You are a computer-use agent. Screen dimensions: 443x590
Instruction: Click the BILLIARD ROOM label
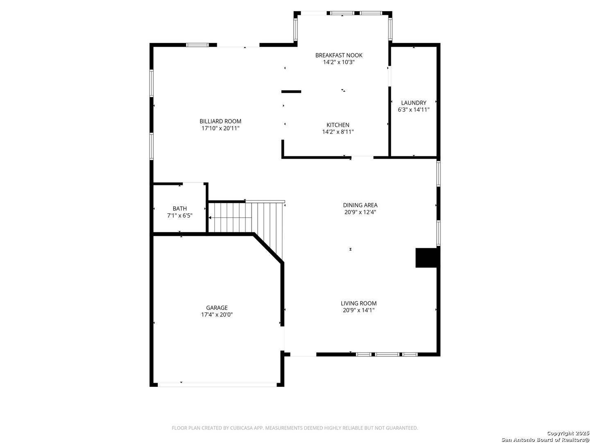220,121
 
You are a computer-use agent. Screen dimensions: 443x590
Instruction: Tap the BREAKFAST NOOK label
338,55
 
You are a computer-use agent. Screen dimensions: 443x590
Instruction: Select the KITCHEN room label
338,125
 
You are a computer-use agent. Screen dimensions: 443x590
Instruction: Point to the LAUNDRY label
413,103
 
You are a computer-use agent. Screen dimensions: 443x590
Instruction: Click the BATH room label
179,209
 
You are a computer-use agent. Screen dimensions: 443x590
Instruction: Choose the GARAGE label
217,308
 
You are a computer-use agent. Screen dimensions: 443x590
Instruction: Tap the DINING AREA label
360,206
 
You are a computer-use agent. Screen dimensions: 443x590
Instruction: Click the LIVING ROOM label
359,304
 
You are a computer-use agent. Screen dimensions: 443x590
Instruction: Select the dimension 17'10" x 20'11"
220,128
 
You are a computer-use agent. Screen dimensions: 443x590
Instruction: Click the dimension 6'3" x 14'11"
413,110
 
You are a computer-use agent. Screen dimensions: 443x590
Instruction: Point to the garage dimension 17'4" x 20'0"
217,315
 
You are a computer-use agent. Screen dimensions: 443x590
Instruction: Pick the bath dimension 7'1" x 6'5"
179,216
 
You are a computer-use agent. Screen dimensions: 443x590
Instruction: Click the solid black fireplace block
426,258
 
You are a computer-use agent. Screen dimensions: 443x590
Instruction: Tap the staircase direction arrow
229,218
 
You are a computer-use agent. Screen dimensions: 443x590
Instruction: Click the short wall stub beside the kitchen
291,91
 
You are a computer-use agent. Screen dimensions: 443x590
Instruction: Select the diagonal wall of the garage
268,249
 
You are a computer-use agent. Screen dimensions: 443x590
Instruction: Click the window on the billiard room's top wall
197,45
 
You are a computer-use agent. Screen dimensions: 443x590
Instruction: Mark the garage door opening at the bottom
217,385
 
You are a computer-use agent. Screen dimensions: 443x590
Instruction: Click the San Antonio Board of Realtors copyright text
545,439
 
